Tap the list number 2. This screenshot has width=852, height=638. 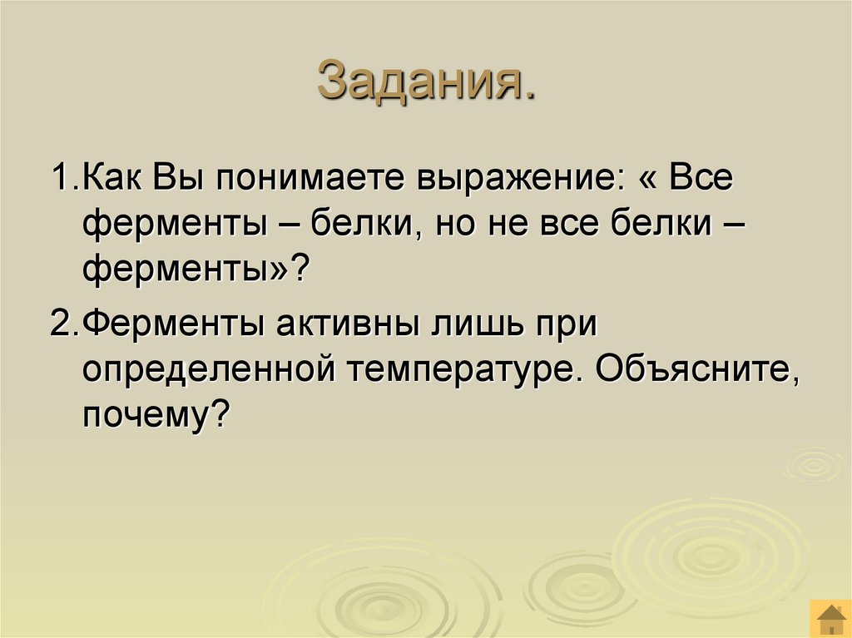(x=62, y=324)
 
